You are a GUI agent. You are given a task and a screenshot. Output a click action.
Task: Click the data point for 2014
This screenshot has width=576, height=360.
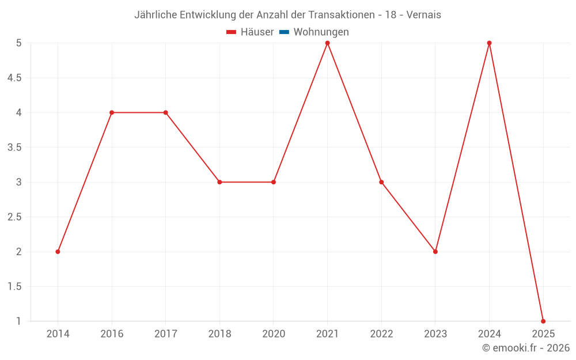point(58,252)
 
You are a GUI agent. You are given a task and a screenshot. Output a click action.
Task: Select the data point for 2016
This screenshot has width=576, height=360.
point(112,112)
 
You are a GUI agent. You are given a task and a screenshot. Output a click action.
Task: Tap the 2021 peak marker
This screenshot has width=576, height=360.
point(328,43)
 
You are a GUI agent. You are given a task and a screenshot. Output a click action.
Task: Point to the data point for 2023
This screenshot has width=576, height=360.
point(435,252)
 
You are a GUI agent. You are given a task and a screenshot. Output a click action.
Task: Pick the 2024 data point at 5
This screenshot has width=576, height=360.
point(489,43)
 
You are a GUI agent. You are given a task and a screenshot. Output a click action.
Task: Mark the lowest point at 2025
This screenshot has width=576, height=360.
point(543,321)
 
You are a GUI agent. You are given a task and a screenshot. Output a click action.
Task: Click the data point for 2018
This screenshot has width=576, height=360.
point(219,182)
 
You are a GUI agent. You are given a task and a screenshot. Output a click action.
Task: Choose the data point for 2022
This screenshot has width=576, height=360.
point(381,182)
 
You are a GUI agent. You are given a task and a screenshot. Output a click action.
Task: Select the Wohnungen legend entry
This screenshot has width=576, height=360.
point(321,32)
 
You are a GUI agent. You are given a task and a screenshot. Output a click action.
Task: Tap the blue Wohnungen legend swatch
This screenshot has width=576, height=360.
point(284,32)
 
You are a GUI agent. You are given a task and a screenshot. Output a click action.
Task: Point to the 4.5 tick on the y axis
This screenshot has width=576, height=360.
point(14,78)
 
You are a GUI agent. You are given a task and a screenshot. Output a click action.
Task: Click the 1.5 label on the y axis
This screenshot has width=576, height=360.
point(14,286)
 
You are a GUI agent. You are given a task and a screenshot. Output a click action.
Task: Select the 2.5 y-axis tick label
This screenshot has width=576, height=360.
point(14,217)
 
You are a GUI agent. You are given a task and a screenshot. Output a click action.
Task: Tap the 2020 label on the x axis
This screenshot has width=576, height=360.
point(274,334)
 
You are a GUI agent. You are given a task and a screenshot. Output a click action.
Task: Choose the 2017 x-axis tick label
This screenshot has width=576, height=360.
point(165,334)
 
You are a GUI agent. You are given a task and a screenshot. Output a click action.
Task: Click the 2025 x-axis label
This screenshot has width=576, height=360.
point(543,334)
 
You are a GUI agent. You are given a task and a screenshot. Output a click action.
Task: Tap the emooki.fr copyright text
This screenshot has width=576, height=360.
point(526,348)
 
